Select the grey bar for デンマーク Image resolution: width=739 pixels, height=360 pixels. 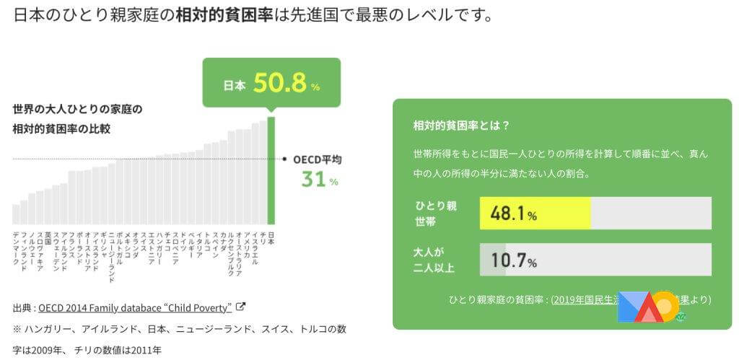(16, 214)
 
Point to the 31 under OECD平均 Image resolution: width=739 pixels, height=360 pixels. (314, 180)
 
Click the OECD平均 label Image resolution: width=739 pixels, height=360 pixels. (318, 159)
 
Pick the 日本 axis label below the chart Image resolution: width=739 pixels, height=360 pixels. (271, 238)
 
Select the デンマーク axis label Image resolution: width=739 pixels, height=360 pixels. (16, 250)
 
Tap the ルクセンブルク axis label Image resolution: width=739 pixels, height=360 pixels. (232, 253)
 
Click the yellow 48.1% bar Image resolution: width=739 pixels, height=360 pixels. (535, 214)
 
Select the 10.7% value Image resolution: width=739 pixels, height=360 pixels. (513, 260)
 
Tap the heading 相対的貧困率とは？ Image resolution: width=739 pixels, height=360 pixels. (462, 125)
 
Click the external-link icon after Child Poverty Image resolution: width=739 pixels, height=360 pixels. (241, 307)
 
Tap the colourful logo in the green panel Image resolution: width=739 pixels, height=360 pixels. (648, 307)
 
